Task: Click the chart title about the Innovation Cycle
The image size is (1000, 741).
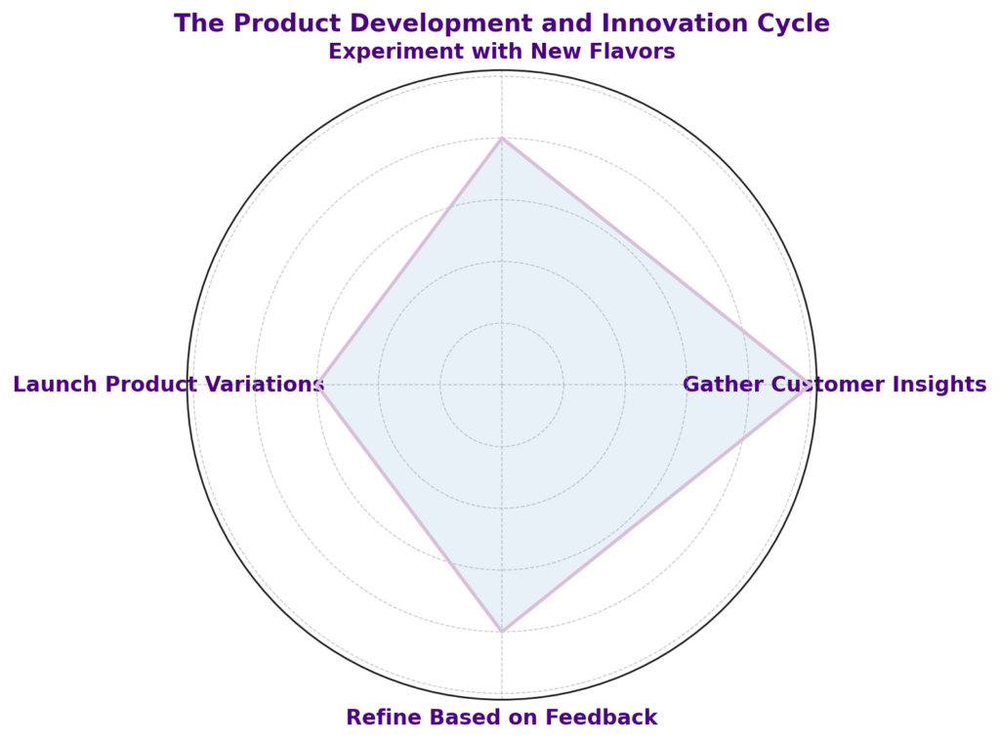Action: (502, 23)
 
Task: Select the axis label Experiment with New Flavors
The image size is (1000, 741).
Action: (502, 51)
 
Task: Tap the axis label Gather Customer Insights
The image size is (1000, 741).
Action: (835, 385)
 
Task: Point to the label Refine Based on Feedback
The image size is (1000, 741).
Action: (502, 717)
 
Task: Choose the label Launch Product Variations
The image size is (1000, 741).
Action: (169, 385)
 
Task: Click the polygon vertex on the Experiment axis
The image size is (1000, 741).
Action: (502, 138)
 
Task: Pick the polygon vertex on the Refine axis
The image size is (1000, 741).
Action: (502, 632)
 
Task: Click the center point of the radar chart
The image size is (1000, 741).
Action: (502, 385)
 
